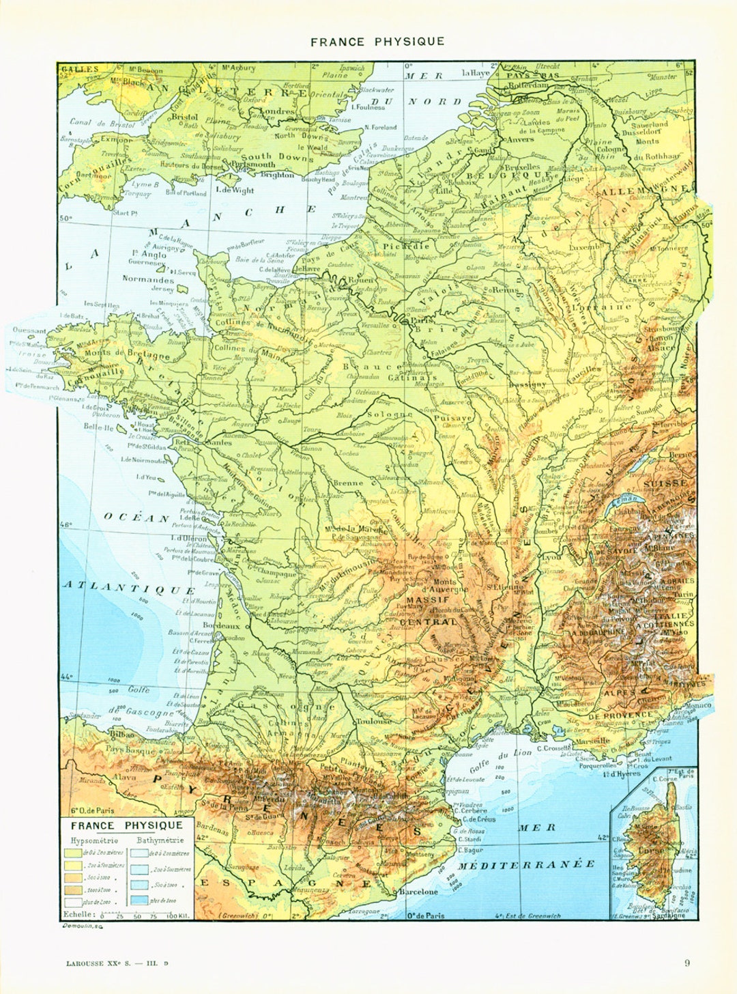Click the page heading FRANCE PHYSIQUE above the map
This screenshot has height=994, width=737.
[377, 42]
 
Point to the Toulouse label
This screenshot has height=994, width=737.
[373, 720]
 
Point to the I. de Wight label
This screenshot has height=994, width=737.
[234, 190]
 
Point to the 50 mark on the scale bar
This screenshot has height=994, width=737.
[137, 916]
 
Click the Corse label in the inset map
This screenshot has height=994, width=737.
[650, 852]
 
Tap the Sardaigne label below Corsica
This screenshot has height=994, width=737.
[671, 915]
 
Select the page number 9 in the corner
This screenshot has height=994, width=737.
[687, 963]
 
